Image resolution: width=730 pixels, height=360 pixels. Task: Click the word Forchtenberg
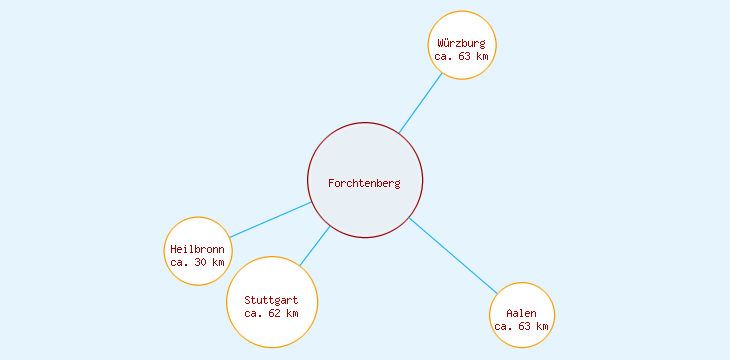point(364,183)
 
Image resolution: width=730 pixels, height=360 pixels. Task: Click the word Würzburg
point(462,43)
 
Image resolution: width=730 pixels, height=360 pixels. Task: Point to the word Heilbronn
point(198,249)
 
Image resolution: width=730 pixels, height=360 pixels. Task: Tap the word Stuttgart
point(271,300)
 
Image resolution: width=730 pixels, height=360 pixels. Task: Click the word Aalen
point(521,314)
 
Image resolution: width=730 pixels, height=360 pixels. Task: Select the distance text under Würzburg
point(462,57)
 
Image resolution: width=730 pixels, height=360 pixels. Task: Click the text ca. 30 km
point(198,262)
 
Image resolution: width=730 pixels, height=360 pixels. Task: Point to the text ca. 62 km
point(271,313)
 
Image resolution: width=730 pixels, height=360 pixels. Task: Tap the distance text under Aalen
point(521,326)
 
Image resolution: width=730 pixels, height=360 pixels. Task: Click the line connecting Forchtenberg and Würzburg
point(421,102)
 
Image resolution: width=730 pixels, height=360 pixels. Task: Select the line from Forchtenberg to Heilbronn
point(270,220)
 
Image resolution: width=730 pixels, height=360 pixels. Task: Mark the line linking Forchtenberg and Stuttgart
point(314,247)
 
